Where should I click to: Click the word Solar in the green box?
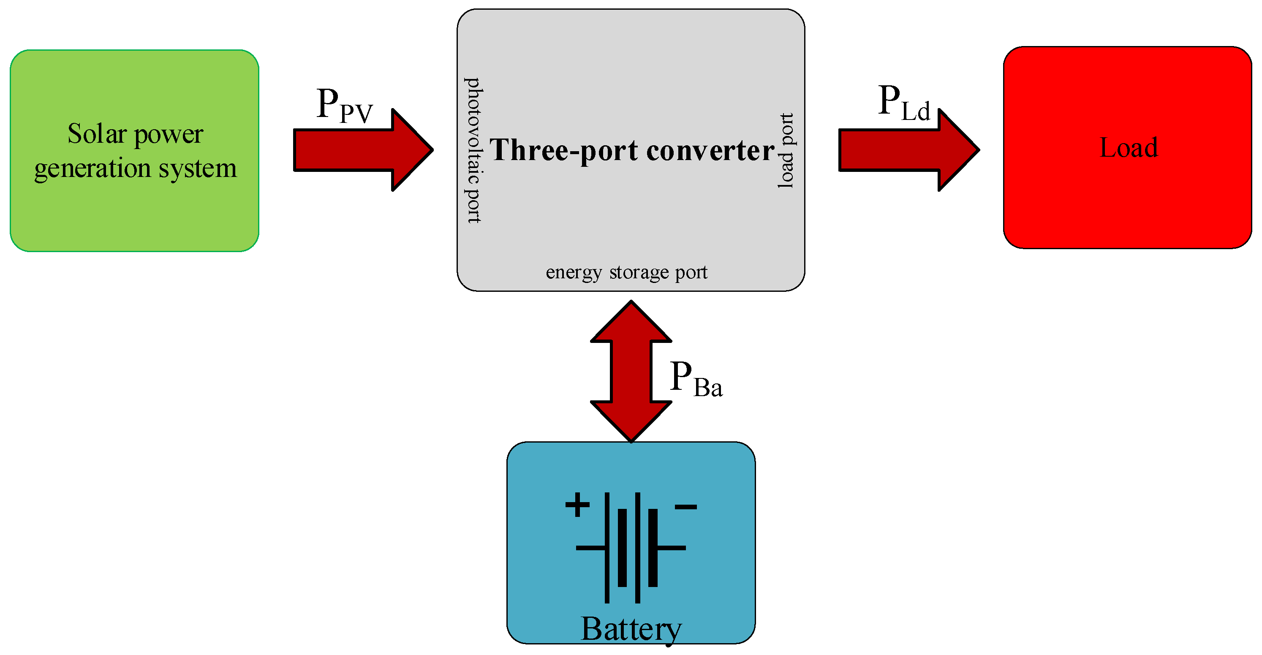pyautogui.click(x=97, y=134)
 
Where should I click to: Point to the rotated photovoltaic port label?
pyautogui.click(x=473, y=150)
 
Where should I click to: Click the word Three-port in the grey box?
pyautogui.click(x=563, y=150)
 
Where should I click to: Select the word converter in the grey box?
pyautogui.click(x=710, y=150)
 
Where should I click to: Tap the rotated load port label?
pyautogui.click(x=786, y=151)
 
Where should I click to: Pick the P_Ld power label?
pyautogui.click(x=903, y=103)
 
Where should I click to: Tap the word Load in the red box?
pyautogui.click(x=1128, y=147)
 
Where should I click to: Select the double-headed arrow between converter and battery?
pyautogui.click(x=631, y=371)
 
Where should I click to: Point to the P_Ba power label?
pyautogui.click(x=695, y=379)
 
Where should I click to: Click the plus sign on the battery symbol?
pyautogui.click(x=577, y=505)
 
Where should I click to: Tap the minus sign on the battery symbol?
pyautogui.click(x=685, y=507)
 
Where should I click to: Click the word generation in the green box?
pyautogui.click(x=92, y=169)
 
